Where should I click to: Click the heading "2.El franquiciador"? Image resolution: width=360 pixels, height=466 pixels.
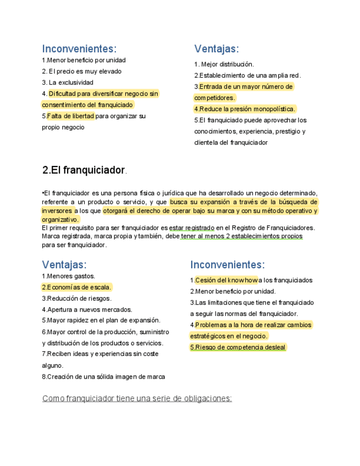click(x=84, y=170)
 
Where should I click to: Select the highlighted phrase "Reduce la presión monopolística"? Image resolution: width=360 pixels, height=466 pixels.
click(x=247, y=109)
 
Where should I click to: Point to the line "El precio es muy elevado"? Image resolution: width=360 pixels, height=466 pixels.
click(x=82, y=71)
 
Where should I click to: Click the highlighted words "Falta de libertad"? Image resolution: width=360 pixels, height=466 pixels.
click(x=71, y=116)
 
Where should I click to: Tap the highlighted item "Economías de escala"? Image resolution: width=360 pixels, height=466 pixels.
click(x=78, y=287)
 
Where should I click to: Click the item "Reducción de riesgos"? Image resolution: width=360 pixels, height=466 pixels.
click(x=79, y=298)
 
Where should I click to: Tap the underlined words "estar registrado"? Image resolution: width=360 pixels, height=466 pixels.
click(x=192, y=228)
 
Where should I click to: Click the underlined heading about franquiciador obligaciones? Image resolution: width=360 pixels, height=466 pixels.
click(x=137, y=398)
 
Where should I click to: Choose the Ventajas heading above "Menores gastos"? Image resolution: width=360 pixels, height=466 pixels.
click(x=64, y=265)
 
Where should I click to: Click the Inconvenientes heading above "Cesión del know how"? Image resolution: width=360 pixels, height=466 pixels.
click(x=228, y=265)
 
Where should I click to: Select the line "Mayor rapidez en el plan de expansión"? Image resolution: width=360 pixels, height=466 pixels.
click(x=103, y=320)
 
